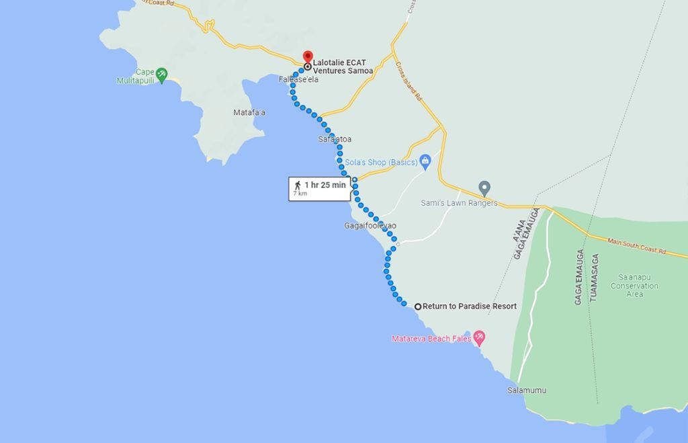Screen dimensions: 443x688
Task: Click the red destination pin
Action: tap(308, 56)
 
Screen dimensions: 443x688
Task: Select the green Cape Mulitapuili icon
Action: tap(161, 73)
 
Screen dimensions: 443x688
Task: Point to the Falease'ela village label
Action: tap(298, 79)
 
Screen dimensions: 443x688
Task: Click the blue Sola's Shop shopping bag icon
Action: tap(425, 161)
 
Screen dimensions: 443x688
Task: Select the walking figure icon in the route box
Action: tap(297, 185)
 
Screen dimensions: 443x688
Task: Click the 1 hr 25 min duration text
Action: tap(325, 185)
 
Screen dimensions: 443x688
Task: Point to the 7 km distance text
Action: tap(299, 194)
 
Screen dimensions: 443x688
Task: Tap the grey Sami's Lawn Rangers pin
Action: tap(484, 188)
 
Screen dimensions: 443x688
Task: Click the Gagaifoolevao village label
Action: tap(370, 226)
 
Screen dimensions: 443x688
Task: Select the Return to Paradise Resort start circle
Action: tap(418, 307)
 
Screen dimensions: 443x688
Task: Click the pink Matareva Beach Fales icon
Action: tap(479, 337)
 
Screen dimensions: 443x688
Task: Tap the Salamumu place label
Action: tap(527, 391)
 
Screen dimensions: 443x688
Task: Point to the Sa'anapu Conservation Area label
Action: tap(634, 285)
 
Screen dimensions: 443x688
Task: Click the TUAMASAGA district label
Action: tap(593, 276)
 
